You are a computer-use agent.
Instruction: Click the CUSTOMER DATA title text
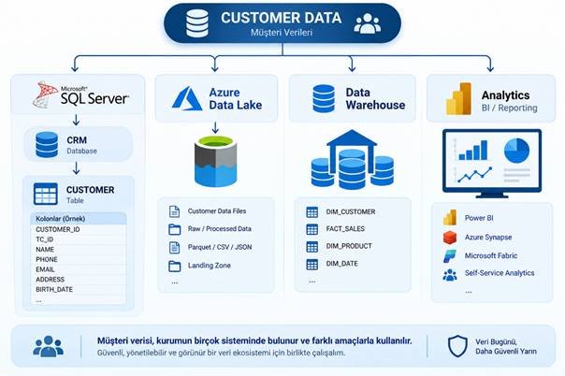pyautogui.click(x=281, y=18)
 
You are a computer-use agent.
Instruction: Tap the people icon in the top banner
pyautogui.click(x=368, y=23)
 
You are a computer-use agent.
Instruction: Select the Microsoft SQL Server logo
pyautogui.click(x=80, y=94)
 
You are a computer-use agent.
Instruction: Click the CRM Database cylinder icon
pyautogui.click(x=47, y=145)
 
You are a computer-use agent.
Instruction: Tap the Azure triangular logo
pyautogui.click(x=187, y=98)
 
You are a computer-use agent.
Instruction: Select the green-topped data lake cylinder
pyautogui.click(x=215, y=162)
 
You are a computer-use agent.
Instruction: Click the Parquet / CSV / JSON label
pyautogui.click(x=220, y=247)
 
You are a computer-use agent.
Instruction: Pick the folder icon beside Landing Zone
pyautogui.click(x=175, y=266)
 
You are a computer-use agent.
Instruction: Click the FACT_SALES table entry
pyautogui.click(x=345, y=229)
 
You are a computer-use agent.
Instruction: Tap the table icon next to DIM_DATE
pyautogui.click(x=312, y=265)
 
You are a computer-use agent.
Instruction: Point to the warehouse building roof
pyautogui.click(x=352, y=137)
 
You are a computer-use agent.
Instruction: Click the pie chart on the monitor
pyautogui.click(x=516, y=151)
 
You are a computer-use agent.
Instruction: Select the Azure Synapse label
pyautogui.click(x=488, y=237)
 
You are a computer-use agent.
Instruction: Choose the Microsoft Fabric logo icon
pyautogui.click(x=450, y=255)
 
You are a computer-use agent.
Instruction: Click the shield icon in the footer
pyautogui.click(x=457, y=346)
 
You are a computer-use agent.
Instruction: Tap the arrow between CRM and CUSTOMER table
pyautogui.click(x=76, y=168)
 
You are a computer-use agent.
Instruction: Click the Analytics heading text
pyautogui.click(x=505, y=95)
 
